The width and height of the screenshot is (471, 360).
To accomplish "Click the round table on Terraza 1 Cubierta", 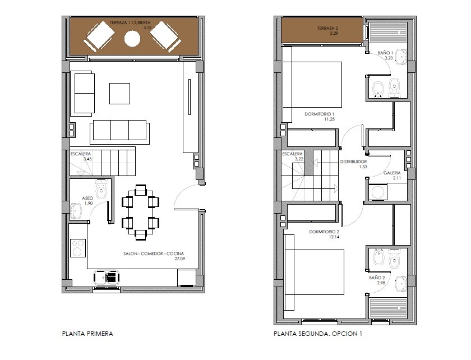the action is (x=132, y=39).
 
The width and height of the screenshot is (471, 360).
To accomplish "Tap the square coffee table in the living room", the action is (x=119, y=94).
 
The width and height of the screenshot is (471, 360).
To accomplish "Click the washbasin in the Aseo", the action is (x=76, y=210).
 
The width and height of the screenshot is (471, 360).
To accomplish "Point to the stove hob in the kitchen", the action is (x=78, y=248).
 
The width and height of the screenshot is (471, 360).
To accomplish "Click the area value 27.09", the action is (x=179, y=259).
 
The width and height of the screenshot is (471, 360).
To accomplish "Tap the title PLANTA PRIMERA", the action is (x=87, y=334).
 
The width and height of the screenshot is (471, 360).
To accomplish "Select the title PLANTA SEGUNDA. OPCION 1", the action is (x=318, y=334).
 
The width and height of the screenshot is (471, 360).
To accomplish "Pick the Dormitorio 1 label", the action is (x=319, y=114).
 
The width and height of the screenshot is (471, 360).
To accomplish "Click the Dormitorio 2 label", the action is (x=324, y=232).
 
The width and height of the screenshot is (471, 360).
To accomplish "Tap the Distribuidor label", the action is (x=354, y=161).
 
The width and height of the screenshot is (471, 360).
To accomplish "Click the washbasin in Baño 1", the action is (x=401, y=57).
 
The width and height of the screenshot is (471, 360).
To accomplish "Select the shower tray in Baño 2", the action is (x=388, y=308).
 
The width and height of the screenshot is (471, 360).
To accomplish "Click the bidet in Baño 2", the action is (x=378, y=257).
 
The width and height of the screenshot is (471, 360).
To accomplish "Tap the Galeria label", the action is (x=392, y=173).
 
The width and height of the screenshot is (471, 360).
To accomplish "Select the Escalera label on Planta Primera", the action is (x=81, y=154).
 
